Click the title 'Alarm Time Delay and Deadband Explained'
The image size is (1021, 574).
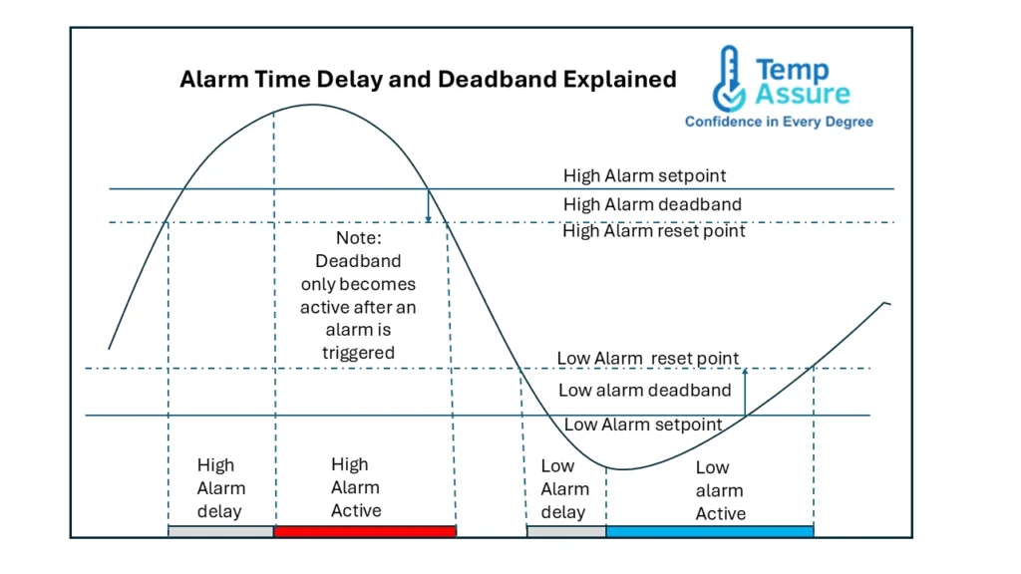[x=428, y=80]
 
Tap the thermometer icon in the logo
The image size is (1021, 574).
[x=728, y=80]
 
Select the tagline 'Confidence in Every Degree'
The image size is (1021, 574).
[x=779, y=122]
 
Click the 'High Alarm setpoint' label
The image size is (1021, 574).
[x=644, y=176]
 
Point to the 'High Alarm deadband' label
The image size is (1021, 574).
[x=652, y=204]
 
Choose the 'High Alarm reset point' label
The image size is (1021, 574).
[x=654, y=231]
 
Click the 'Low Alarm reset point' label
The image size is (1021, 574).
[x=648, y=359]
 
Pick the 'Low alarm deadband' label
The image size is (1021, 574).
[x=644, y=391]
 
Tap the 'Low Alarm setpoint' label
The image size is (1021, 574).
[x=643, y=425]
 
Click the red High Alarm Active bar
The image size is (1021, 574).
[x=364, y=531]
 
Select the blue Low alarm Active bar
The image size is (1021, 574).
[x=709, y=531]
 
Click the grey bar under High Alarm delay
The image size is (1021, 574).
[x=220, y=531]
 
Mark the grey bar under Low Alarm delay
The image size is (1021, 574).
[x=565, y=531]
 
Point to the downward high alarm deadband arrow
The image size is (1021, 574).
[x=428, y=206]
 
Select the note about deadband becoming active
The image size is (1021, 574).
[x=358, y=296]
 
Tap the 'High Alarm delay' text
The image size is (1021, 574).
[x=219, y=488]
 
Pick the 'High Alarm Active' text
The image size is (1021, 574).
[x=355, y=487]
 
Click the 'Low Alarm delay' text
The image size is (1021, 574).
[x=563, y=488]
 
